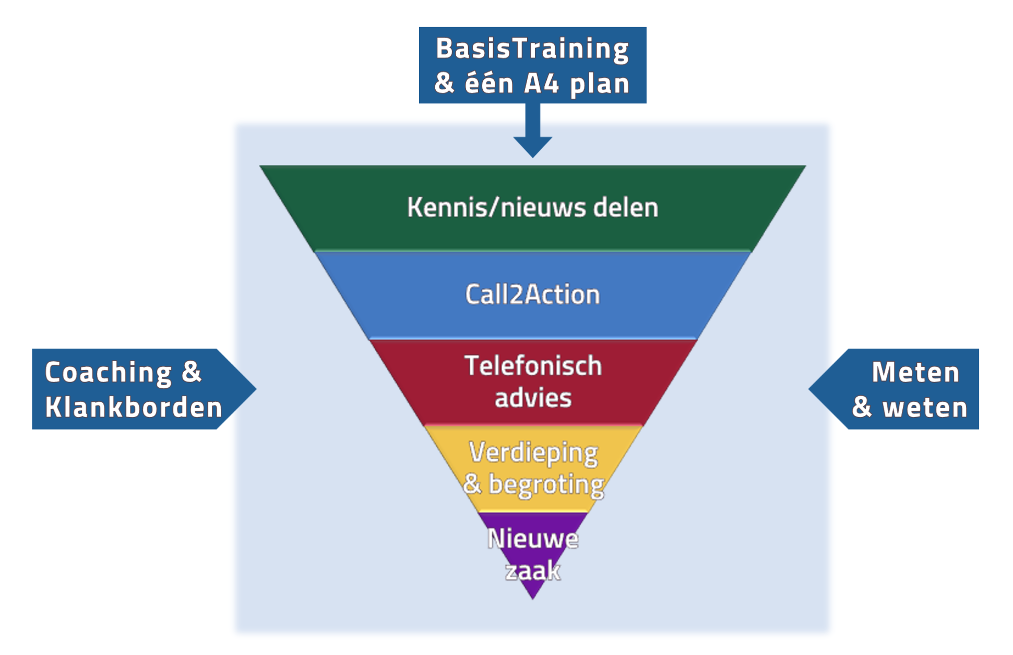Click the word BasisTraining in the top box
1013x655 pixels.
[x=532, y=49]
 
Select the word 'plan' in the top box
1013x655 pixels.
[x=600, y=85]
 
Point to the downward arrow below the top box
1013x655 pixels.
[x=532, y=133]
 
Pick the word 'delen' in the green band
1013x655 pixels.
[x=626, y=208]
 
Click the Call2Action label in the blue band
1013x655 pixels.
[x=532, y=295]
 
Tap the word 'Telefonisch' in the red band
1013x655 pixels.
[x=533, y=366]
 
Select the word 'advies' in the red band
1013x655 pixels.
[x=533, y=398]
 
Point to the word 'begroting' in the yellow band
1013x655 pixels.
[x=546, y=485]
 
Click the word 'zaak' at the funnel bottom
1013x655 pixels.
[x=533, y=571]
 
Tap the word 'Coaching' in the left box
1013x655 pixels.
[x=109, y=373]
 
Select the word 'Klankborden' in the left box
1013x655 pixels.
[x=134, y=408]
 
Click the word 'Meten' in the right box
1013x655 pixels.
[x=915, y=373]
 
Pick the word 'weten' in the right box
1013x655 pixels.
[x=925, y=408]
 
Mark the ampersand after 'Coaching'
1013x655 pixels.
[x=192, y=372]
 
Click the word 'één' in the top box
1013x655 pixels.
[x=489, y=84]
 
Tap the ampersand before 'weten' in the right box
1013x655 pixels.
[x=862, y=408]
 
